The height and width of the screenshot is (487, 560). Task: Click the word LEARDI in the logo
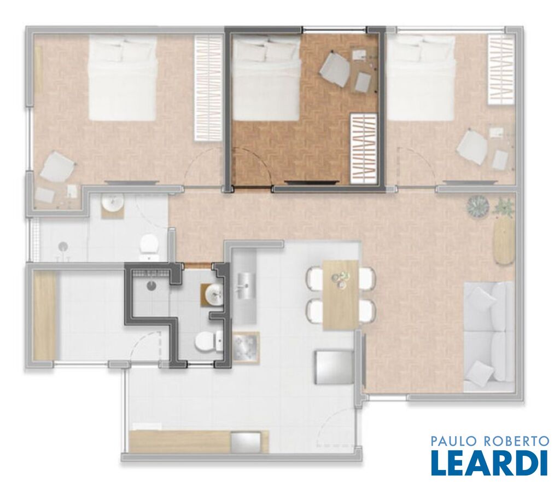[x=489, y=462]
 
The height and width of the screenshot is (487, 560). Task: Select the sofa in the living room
[x=488, y=337]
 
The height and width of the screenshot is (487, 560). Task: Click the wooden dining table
[x=341, y=295]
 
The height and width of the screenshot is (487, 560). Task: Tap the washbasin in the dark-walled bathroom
[x=213, y=295]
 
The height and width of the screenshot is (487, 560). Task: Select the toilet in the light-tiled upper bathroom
[x=150, y=247]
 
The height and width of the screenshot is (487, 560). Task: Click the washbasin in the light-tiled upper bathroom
[x=113, y=205]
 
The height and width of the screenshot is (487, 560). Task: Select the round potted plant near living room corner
[x=478, y=206]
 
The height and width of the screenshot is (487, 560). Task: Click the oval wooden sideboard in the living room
[x=504, y=241]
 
